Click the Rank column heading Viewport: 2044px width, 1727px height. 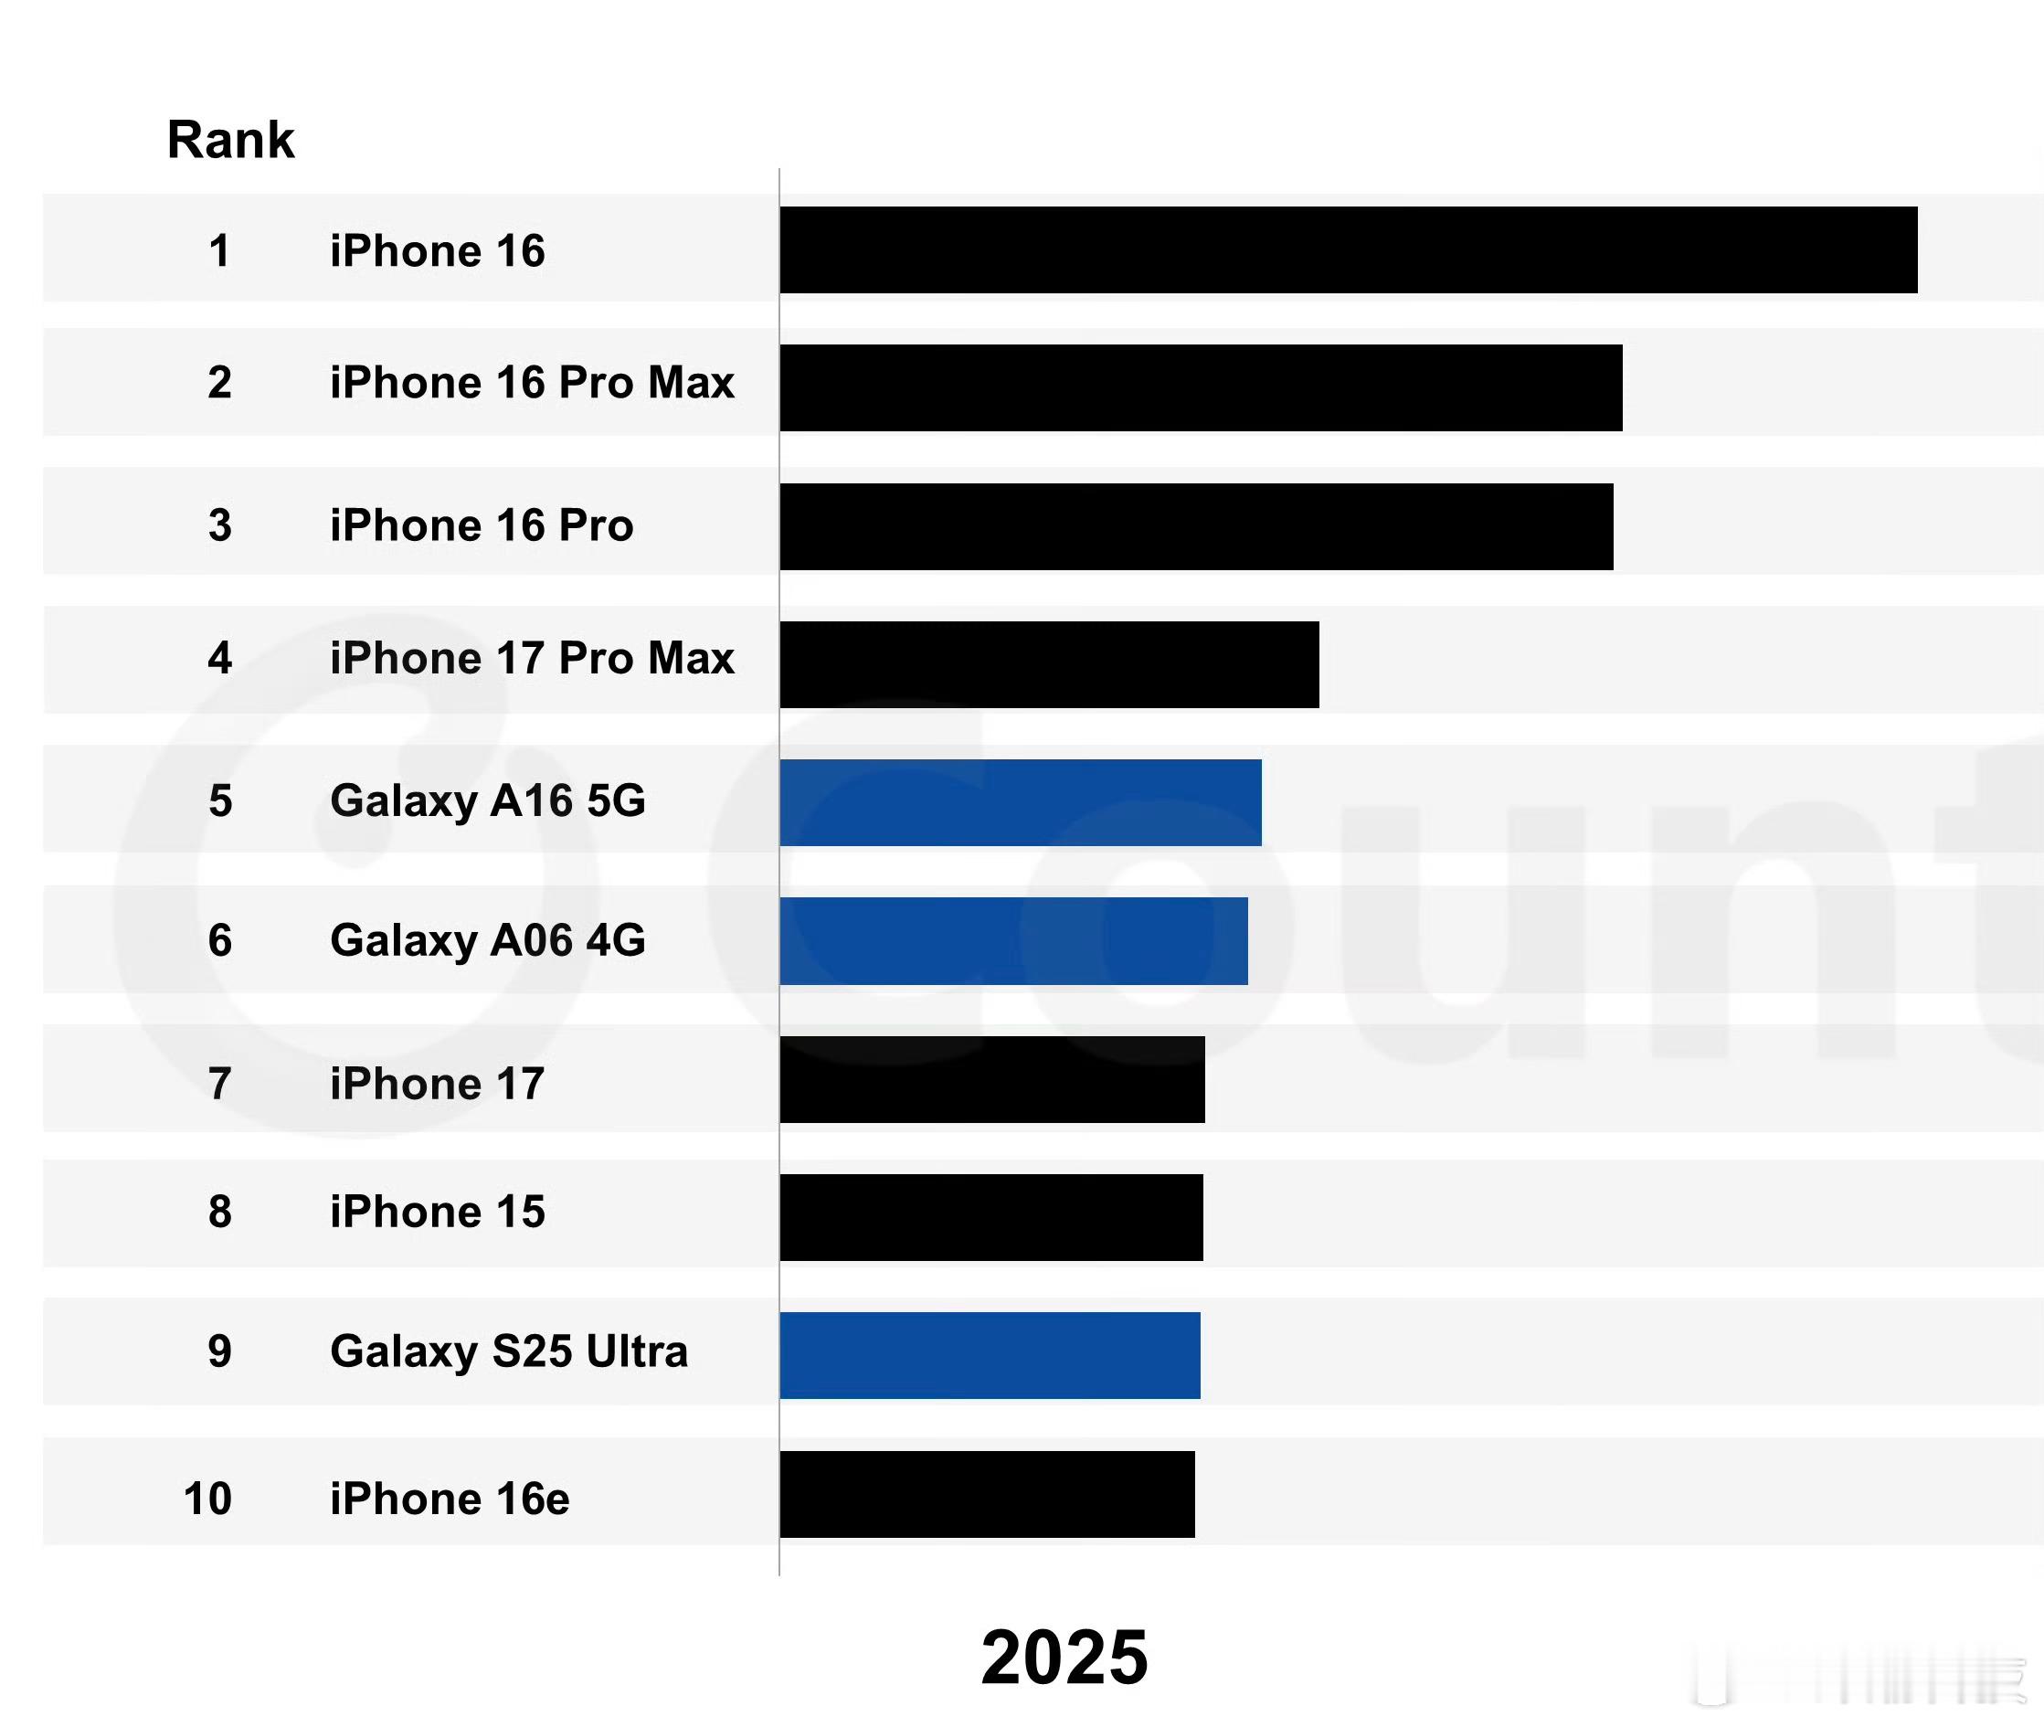coord(230,139)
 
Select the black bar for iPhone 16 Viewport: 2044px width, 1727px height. coord(1348,249)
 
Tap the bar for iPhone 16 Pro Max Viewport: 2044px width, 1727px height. coord(1200,387)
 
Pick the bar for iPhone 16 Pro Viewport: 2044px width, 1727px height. coord(1195,526)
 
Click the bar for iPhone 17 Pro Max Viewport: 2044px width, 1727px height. coord(1048,665)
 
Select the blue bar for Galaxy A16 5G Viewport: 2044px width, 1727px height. coord(1020,803)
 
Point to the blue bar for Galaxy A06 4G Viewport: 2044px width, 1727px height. coord(1013,941)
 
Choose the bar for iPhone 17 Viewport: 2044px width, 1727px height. coord(991,1080)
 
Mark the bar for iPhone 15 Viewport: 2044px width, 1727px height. coord(990,1218)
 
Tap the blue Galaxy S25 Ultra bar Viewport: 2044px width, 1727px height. coord(990,1356)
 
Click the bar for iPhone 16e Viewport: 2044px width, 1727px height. coord(987,1494)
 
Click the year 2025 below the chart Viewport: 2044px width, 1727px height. coord(1064,1658)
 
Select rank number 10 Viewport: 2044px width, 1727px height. coord(207,1499)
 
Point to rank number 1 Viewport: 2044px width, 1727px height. coord(219,250)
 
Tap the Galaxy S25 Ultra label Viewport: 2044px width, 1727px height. coord(509,1352)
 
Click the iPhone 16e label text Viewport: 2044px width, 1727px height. coord(450,1499)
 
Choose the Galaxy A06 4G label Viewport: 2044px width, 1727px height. coord(488,941)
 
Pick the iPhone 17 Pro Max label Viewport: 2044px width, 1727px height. coord(532,658)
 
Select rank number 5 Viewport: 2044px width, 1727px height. coord(220,800)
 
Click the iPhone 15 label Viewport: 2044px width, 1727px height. coord(437,1212)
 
